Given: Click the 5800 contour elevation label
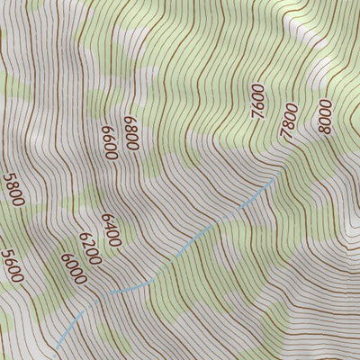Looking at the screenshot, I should (x=13, y=190).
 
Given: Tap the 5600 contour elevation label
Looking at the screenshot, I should (x=13, y=265).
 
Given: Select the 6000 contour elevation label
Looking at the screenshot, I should (x=74, y=269).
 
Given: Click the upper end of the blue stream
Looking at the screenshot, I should (x=273, y=178).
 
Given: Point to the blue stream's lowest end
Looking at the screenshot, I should (x=56, y=348).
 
